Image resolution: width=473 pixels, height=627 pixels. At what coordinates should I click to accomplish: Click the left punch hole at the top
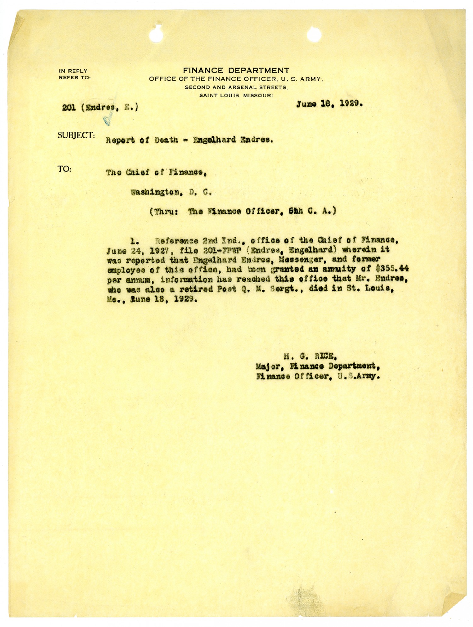click(157, 35)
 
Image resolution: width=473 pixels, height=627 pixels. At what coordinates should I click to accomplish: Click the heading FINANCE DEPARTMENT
click(236, 71)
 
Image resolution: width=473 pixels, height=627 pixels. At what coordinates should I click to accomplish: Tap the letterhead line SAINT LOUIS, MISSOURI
click(236, 95)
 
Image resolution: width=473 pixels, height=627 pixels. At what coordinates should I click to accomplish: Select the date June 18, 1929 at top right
click(329, 104)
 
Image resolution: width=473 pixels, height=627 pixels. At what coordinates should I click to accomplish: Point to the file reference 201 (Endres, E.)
click(100, 108)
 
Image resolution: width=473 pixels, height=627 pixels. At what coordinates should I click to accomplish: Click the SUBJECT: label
click(76, 135)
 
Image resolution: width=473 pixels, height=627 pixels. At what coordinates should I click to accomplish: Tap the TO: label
click(64, 169)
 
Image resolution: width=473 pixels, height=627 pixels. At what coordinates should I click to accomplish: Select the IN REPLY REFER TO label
click(74, 74)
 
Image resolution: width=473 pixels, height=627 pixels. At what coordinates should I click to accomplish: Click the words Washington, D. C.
click(171, 192)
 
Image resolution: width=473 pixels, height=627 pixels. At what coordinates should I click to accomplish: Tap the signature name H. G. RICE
click(310, 357)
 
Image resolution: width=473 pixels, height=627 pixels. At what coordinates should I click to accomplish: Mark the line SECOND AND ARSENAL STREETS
click(236, 87)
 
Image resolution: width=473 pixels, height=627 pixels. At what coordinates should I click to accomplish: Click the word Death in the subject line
click(166, 140)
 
